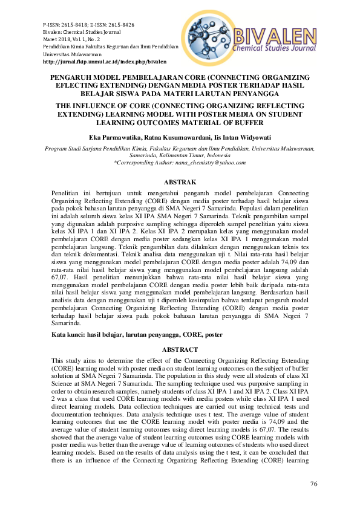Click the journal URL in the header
click(105, 62)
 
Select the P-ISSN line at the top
click(89, 25)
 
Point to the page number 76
click(313, 484)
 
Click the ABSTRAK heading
click(180, 181)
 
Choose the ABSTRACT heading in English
click(180, 350)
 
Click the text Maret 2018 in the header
click(59, 39)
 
